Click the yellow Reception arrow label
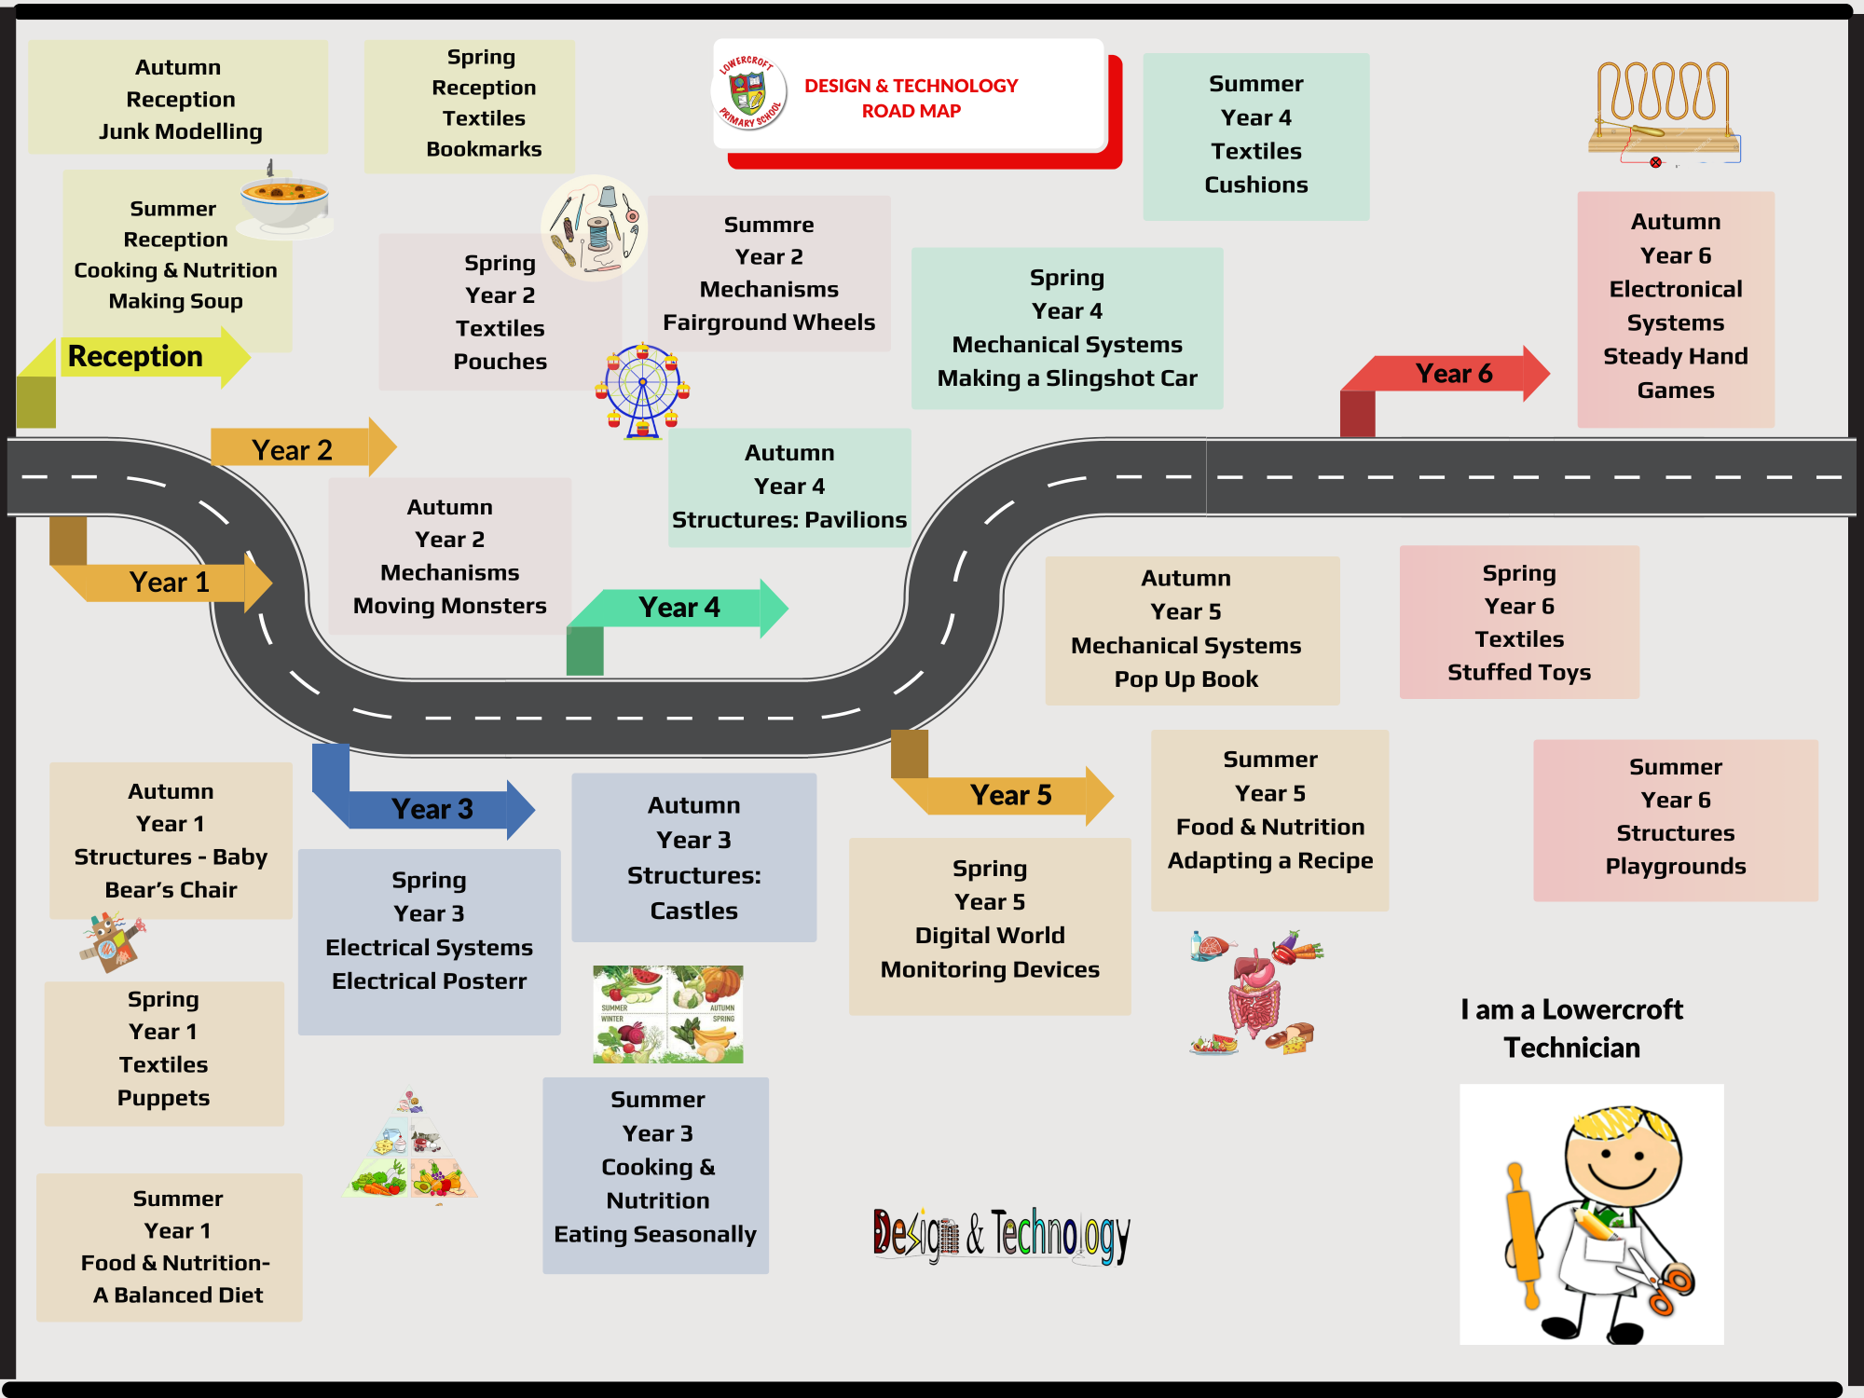pyautogui.click(x=136, y=357)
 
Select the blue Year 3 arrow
pyautogui.click(x=432, y=809)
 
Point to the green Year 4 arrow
pyautogui.click(x=679, y=608)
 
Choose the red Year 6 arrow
pyautogui.click(x=1453, y=374)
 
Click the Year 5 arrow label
pyautogui.click(x=1010, y=795)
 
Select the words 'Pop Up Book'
pyautogui.click(x=1186, y=679)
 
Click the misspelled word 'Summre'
pyautogui.click(x=769, y=225)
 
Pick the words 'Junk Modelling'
pyautogui.click(x=181, y=131)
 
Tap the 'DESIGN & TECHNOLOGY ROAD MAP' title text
pyautogui.click(x=911, y=98)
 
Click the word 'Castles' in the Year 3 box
pyautogui.click(x=693, y=911)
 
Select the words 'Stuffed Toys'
pyautogui.click(x=1518, y=672)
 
